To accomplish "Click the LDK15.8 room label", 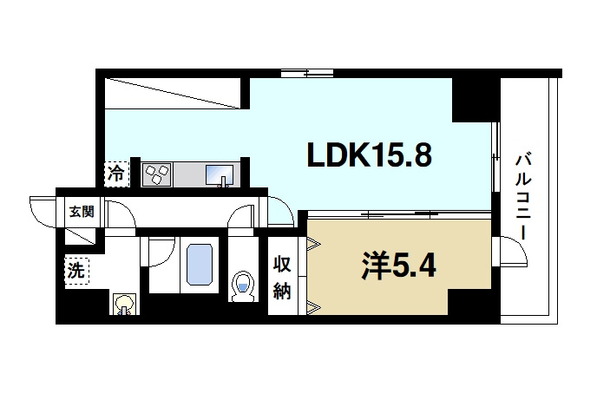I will tap(368, 155).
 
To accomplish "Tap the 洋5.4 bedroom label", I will tap(398, 265).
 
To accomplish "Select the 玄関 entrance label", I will tap(82, 211).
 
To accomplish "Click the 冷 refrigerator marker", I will tap(115, 174).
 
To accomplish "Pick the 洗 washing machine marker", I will tap(77, 271).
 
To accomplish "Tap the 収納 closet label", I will tap(282, 279).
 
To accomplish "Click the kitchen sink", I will tap(221, 176).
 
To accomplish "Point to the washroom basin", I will tap(124, 304).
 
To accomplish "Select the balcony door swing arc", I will tap(512, 253).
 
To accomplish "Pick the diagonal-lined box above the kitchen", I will tap(174, 92).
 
